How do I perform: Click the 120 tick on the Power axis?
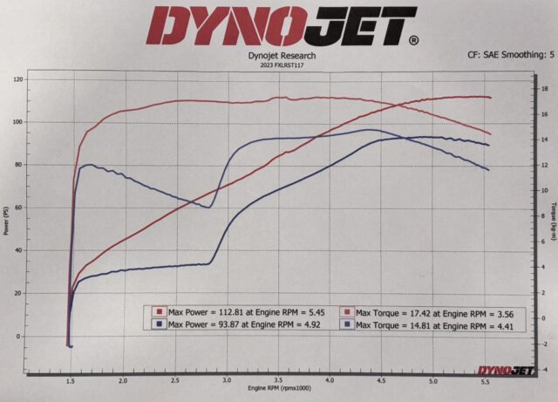point(17,79)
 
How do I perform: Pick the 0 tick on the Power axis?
point(21,336)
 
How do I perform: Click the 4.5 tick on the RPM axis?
point(381,381)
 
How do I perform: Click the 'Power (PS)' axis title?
point(6,222)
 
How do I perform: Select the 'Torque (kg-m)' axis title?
point(554,222)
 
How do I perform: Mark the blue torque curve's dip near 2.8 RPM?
point(208,207)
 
